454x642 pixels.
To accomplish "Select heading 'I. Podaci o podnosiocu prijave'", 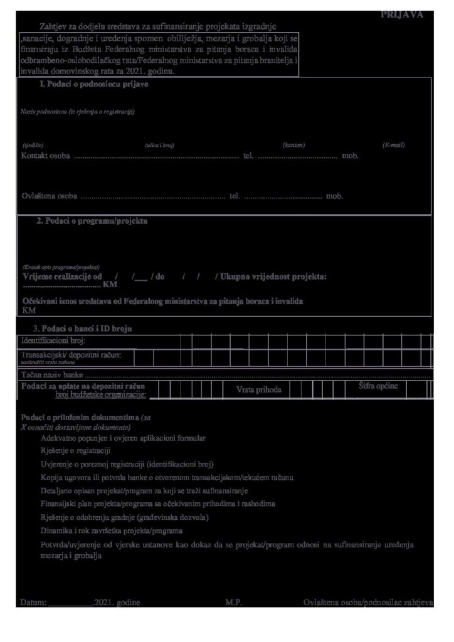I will (93, 85).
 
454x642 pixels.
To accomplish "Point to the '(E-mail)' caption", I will (393, 145).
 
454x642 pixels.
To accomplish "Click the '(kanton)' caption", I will (293, 145).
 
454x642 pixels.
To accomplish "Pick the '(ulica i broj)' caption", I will (159, 145).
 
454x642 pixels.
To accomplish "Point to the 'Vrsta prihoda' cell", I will (258, 390).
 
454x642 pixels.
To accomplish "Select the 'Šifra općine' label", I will (378, 386).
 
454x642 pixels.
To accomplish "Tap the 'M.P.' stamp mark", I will (234, 602).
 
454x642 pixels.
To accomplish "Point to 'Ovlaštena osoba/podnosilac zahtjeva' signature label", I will (368, 602).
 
